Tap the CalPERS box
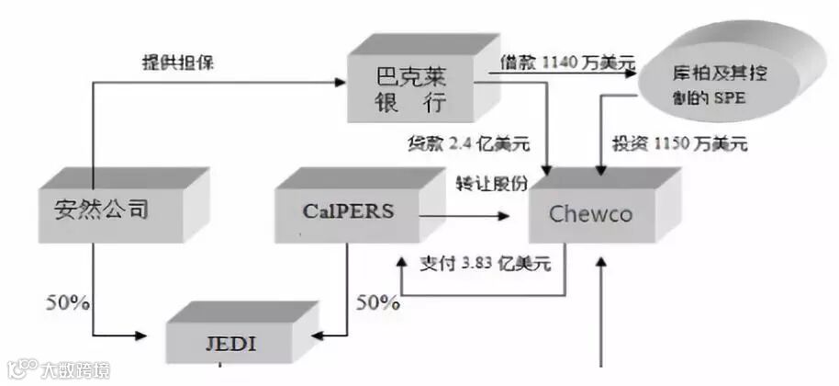coord(347,210)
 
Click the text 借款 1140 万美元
coord(567,63)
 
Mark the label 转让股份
coord(492,183)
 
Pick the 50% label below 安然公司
coord(67,301)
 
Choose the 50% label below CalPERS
coord(377,301)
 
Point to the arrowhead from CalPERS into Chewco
coord(505,218)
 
